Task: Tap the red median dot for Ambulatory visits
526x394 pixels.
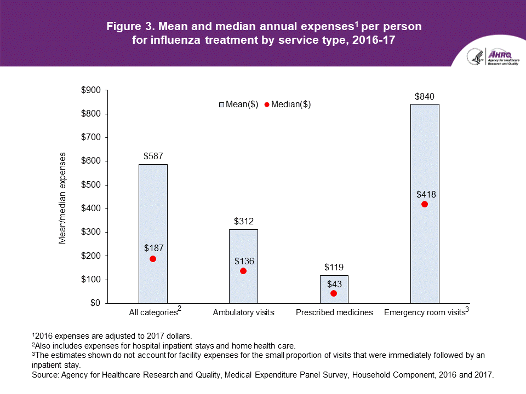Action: pos(243,271)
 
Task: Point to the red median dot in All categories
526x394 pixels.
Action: pos(153,259)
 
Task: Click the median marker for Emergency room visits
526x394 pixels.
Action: pos(424,204)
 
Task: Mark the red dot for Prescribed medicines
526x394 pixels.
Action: pos(334,293)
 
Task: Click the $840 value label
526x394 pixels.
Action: pos(424,96)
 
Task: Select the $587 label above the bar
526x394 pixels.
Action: pos(153,156)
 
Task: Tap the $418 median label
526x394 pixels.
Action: pos(425,194)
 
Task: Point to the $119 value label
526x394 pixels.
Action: pos(334,268)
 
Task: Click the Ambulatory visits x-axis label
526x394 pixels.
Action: pos(243,312)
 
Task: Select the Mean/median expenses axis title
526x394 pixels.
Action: pos(63,198)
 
